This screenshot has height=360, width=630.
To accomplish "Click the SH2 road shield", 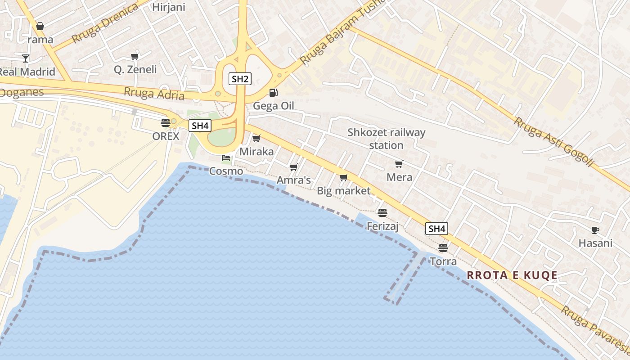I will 240,79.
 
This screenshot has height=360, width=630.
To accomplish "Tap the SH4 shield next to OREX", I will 200,126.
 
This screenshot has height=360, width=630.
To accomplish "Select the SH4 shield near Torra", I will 436,229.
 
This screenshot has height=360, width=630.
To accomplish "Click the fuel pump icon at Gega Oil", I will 273,93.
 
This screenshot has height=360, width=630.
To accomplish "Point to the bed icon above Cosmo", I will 226,158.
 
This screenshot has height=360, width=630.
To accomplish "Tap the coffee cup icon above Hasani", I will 595,230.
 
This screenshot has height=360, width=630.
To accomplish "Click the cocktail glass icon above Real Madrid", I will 26,58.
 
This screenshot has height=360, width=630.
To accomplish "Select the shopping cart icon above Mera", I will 399,164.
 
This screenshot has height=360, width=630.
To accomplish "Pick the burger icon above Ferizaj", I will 382,212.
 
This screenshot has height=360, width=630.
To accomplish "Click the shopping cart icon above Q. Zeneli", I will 135,57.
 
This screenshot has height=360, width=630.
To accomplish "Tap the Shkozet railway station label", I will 386,139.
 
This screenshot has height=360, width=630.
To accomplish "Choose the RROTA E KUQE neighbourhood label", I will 512,275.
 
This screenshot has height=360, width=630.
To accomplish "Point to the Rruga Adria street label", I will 154,94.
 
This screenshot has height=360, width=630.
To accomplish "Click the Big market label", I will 344,191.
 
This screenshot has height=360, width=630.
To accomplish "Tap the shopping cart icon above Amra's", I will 294,167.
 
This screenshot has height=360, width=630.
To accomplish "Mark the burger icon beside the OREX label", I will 165,122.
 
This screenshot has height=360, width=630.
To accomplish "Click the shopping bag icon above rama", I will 40,27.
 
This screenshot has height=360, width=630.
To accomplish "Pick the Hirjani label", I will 168,7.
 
